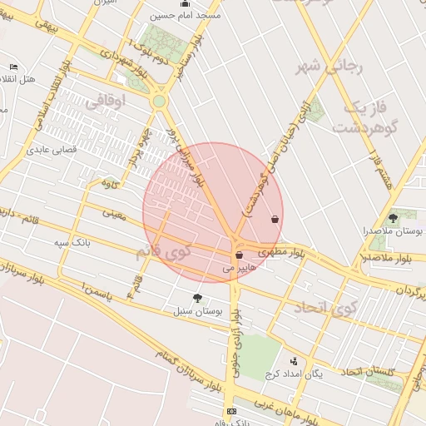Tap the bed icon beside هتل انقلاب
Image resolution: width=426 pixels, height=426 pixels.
click(x=13, y=67)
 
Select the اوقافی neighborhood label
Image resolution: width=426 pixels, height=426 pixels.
click(x=104, y=101)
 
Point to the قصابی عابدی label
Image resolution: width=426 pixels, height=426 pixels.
click(x=52, y=151)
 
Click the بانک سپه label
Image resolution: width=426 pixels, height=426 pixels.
click(x=72, y=242)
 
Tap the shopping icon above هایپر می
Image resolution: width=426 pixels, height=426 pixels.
click(x=239, y=255)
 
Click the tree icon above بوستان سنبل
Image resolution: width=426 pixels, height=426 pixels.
click(x=196, y=298)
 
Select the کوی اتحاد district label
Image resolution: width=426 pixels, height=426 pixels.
click(x=324, y=310)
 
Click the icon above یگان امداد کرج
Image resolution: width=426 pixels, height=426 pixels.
click(x=293, y=361)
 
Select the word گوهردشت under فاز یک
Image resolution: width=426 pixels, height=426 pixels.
click(x=363, y=127)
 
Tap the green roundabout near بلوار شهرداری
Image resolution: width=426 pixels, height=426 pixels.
click(x=159, y=102)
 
